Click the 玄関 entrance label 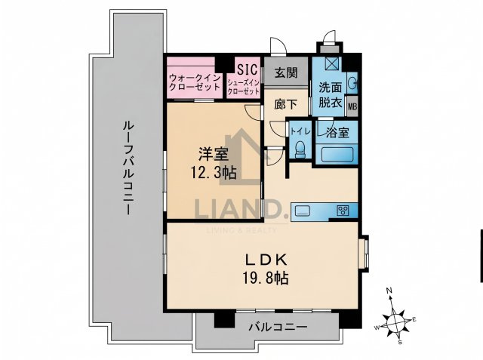coord(286,73)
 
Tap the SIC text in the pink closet coord(247,69)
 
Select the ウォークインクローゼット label coord(195,82)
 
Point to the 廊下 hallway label coord(286,104)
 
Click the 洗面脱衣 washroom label coord(331,95)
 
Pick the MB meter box coord(352,106)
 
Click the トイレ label coord(300,131)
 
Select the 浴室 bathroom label coord(337,132)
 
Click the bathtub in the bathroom coord(337,155)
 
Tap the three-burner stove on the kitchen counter coord(343,211)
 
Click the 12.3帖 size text coord(214,173)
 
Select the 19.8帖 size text coord(266,278)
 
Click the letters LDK coord(266,260)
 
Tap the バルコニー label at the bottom coord(278,327)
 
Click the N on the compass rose coord(389,291)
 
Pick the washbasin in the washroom coord(353,82)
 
